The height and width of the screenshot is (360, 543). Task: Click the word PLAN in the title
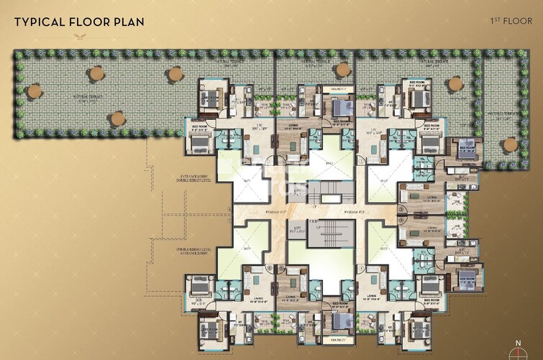128,21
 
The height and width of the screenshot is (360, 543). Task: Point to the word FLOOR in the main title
88,21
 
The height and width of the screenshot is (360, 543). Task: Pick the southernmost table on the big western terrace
116,117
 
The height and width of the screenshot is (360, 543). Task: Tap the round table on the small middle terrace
344,70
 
